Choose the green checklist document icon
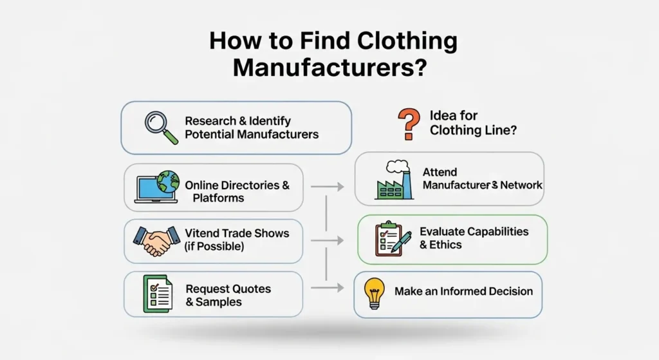point(158,294)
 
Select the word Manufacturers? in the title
point(329,66)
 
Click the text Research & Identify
point(237,120)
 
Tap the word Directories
point(247,185)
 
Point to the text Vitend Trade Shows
point(237,233)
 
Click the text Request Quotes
point(228,289)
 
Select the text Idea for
point(453,116)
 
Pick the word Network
point(521,185)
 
